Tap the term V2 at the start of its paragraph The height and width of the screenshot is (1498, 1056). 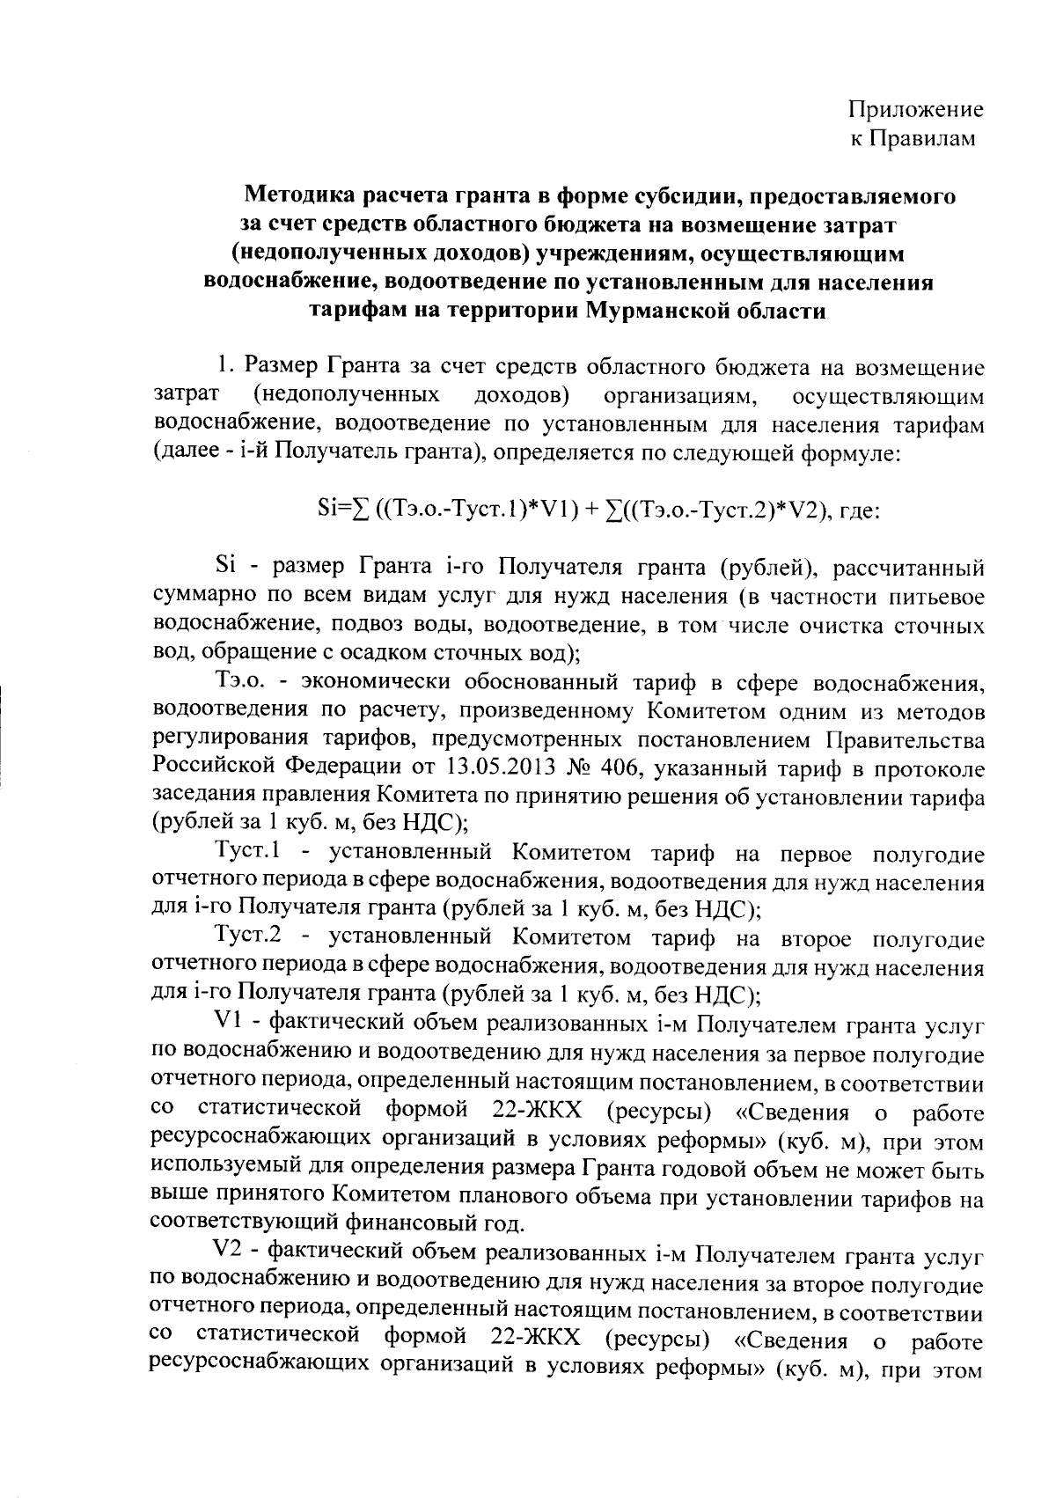coord(229,1251)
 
